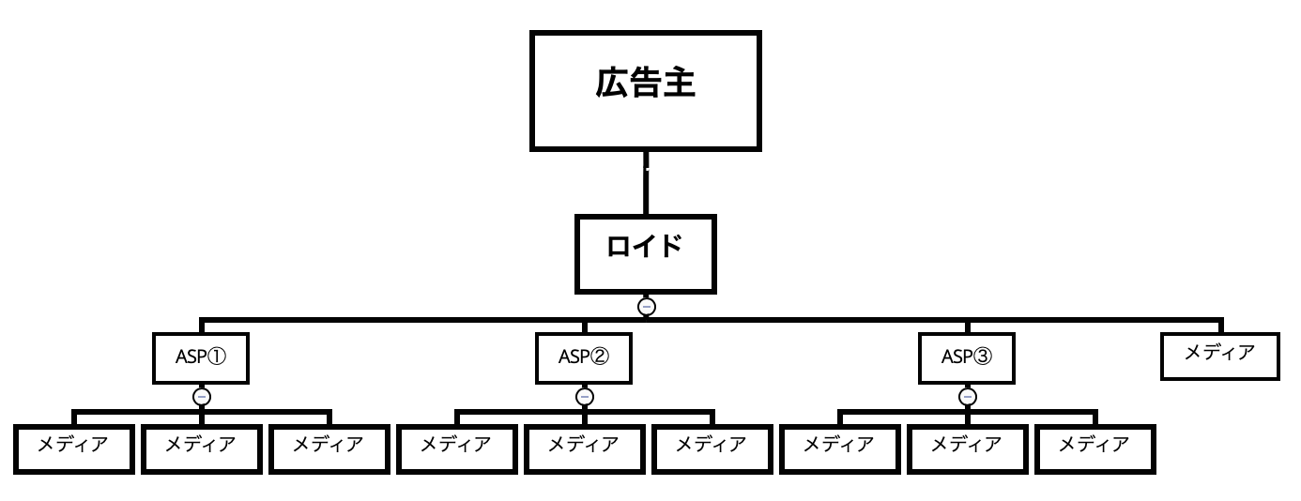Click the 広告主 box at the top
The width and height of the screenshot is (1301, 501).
pyautogui.click(x=646, y=89)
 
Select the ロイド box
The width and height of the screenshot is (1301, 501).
pyautogui.click(x=646, y=252)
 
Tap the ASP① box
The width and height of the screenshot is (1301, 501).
pyautogui.click(x=201, y=357)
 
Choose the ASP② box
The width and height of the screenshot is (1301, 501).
pyautogui.click(x=584, y=357)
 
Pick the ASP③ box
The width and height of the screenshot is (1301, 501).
pyautogui.click(x=967, y=357)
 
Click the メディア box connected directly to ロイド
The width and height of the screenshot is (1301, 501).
pyautogui.click(x=1219, y=355)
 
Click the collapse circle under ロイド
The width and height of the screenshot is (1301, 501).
pyautogui.click(x=646, y=306)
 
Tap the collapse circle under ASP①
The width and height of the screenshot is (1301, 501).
pyautogui.click(x=201, y=396)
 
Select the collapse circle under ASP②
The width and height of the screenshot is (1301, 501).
pyautogui.click(x=584, y=396)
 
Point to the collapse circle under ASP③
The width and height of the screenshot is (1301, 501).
pyautogui.click(x=967, y=396)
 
